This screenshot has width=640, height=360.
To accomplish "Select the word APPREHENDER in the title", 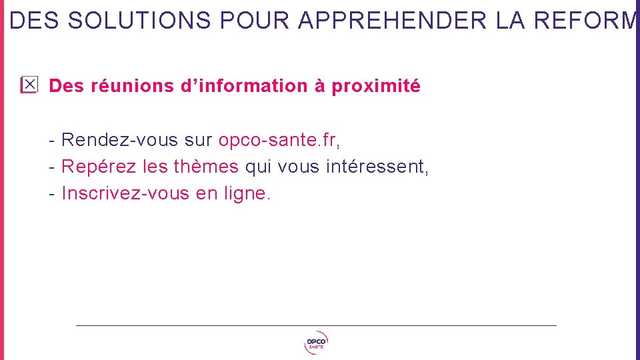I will point(393,21).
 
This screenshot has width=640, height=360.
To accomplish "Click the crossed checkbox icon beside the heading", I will point(29,85).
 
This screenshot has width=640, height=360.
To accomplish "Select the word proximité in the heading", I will point(376,87).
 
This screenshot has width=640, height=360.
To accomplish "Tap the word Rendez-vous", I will point(120,140).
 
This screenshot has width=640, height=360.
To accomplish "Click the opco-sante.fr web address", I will point(279,140).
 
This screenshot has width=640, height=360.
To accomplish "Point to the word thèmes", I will point(205,167).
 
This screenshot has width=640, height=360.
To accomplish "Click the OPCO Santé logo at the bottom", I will point(316,343).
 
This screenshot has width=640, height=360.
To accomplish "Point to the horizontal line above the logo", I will point(316,325).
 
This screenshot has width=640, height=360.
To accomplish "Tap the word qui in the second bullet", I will point(258,167).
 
